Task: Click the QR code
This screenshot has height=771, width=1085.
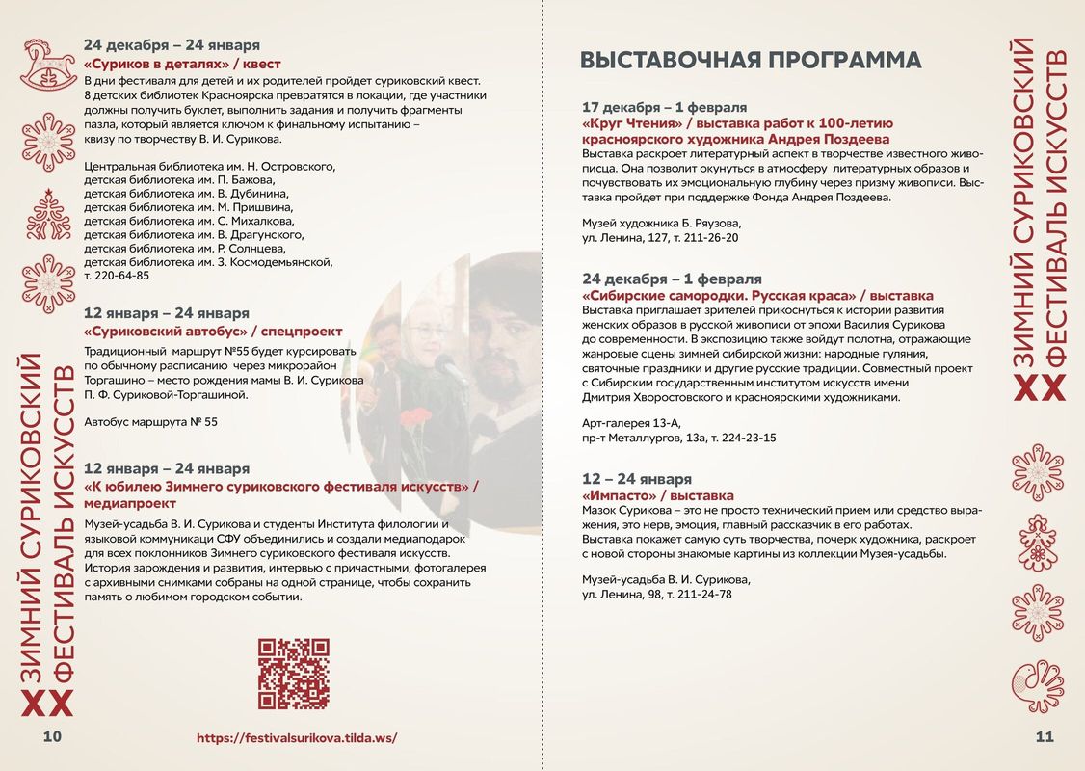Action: pos(294,674)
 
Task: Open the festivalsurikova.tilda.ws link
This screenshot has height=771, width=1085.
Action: pos(297,738)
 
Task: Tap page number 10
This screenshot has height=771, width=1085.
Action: pos(51,737)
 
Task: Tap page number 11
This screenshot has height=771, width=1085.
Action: pos(1045,737)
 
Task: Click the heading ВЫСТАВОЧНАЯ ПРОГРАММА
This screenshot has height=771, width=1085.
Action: pos(751,60)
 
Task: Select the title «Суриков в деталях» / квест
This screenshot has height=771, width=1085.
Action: pos(182,64)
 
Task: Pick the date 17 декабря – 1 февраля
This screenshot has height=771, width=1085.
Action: pos(665,107)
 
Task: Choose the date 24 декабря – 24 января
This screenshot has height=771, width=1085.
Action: pos(172,45)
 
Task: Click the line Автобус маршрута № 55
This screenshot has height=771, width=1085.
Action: pos(151,422)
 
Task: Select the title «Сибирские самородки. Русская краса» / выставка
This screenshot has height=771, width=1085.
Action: pos(757,296)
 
